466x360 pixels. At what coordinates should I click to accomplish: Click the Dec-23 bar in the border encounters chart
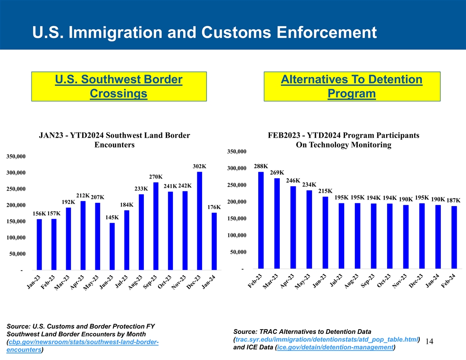tap(199, 221)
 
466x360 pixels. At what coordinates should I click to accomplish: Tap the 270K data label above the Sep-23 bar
tap(156, 177)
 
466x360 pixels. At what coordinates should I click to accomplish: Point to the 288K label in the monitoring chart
tap(261, 166)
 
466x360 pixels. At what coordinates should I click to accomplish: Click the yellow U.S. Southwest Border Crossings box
tap(119, 87)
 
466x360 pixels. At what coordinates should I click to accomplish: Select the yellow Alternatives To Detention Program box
tap(352, 87)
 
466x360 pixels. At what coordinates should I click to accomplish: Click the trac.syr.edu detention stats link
tap(326, 339)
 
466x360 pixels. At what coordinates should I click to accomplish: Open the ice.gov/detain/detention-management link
tap(335, 348)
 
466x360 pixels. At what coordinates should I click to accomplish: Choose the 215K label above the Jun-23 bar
tap(325, 191)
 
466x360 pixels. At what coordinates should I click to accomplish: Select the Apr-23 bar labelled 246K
tap(293, 227)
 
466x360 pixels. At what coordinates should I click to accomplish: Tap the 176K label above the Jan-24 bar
tap(214, 207)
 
